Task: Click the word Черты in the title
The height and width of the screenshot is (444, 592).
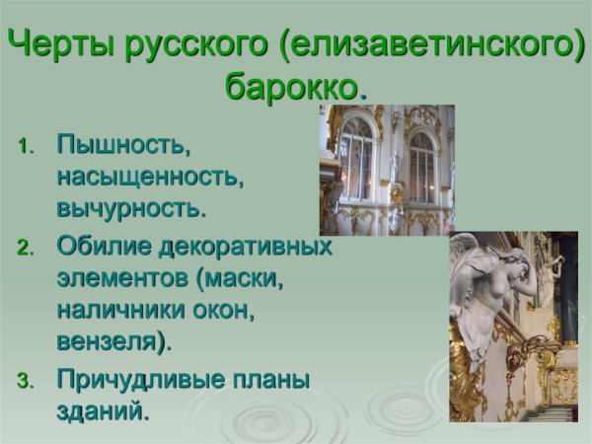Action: (60, 45)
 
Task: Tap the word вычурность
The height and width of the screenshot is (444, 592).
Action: (131, 209)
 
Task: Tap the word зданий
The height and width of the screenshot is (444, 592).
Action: (103, 410)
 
